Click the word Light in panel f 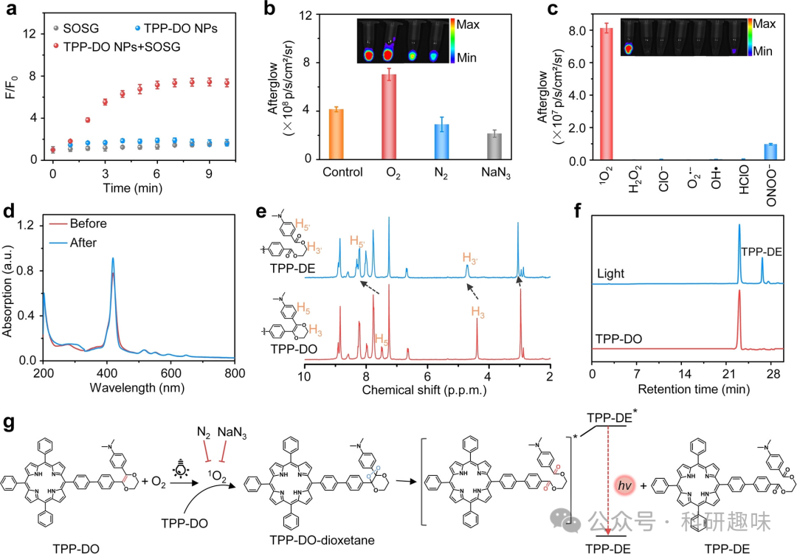[612, 274]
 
